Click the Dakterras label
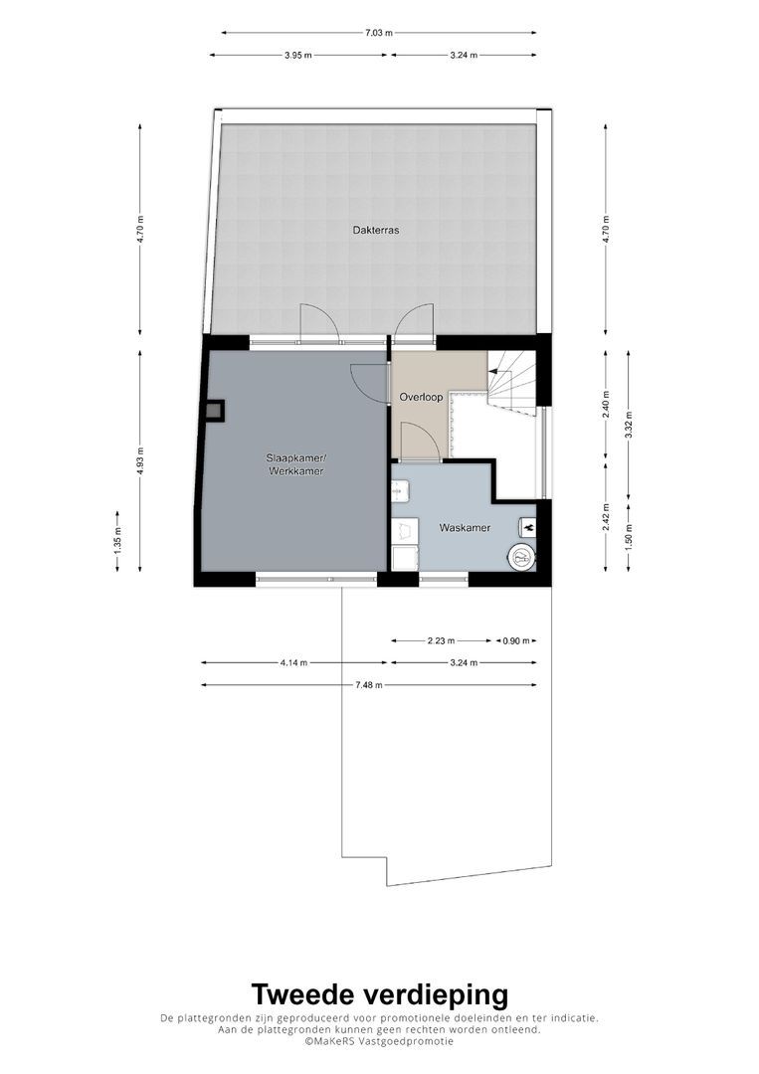[x=375, y=230]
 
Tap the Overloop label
[x=421, y=397]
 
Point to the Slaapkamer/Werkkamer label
[x=295, y=463]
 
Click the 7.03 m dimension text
[x=378, y=33]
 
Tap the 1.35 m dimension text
[x=117, y=541]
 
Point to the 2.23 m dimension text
[x=441, y=641]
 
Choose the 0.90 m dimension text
[x=515, y=641]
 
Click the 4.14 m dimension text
[x=293, y=662]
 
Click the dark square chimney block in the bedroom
[x=213, y=411]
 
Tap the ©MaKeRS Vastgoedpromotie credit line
[x=378, y=1041]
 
